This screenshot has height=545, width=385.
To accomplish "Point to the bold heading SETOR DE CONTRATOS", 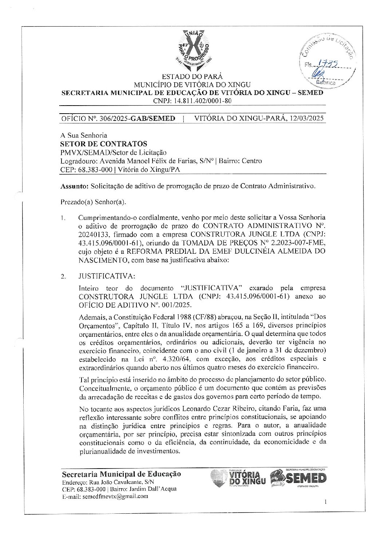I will (104, 143).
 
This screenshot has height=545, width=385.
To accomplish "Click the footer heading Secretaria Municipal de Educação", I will (122, 474).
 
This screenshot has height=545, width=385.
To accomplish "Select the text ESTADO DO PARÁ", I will (192, 77).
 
